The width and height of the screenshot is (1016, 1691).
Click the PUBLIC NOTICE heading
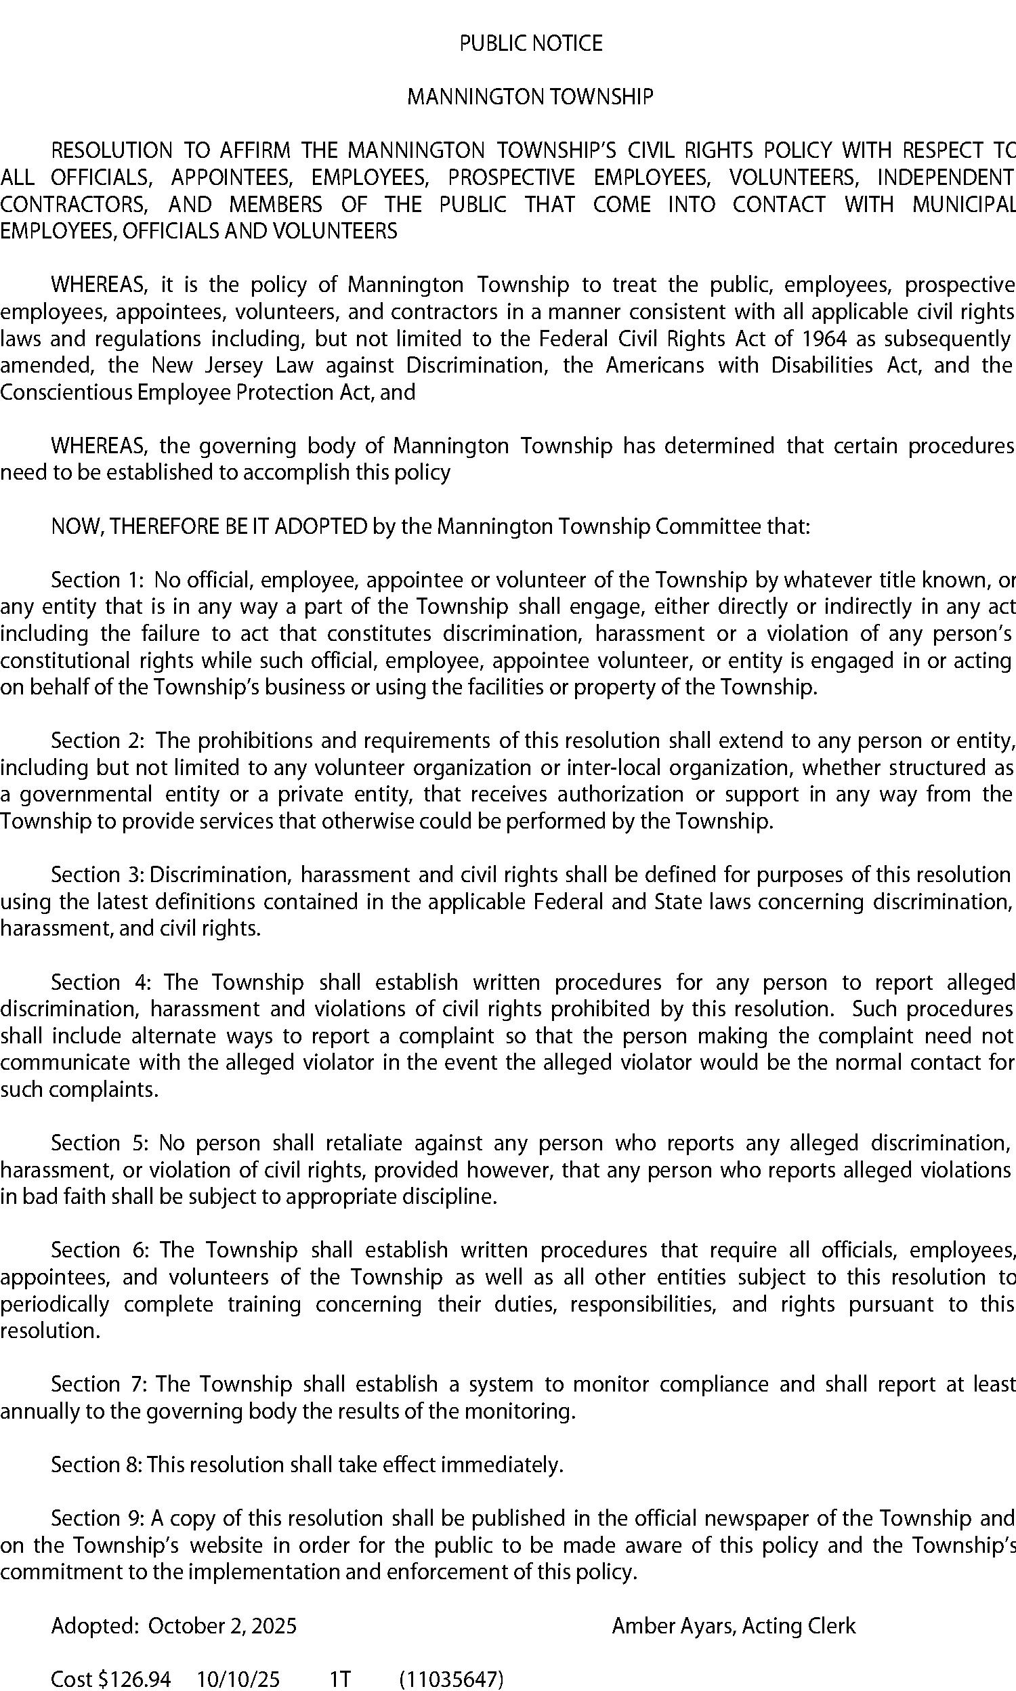pyautogui.click(x=530, y=44)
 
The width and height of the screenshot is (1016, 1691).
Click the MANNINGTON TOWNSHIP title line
pyautogui.click(x=530, y=97)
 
